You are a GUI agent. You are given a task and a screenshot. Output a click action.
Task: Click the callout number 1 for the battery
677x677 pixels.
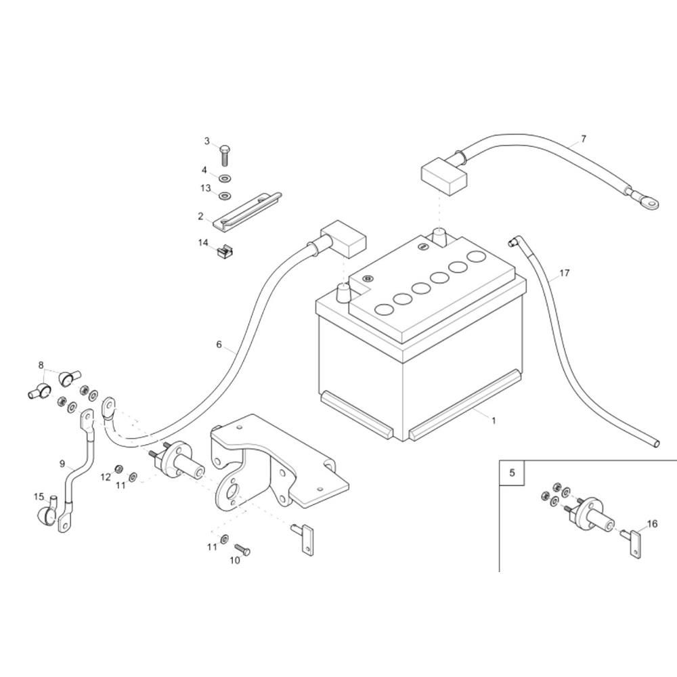pyautogui.click(x=494, y=420)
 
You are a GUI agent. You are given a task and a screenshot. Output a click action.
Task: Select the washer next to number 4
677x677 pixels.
pyautogui.click(x=224, y=177)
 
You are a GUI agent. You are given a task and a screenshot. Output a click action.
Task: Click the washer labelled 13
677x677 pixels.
pyautogui.click(x=224, y=196)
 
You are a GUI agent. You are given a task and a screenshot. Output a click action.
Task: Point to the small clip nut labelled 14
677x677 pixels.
pyautogui.click(x=223, y=251)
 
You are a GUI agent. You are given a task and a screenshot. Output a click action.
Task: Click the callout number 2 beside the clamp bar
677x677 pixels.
pyautogui.click(x=200, y=217)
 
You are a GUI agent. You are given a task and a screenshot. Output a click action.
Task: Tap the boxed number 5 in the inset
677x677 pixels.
pyautogui.click(x=512, y=473)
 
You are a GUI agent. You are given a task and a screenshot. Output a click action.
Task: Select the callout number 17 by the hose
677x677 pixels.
pyautogui.click(x=565, y=273)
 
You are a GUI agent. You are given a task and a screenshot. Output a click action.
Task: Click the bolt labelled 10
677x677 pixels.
pyautogui.click(x=242, y=550)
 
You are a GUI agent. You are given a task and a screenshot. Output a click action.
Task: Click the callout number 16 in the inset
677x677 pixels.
pyautogui.click(x=652, y=524)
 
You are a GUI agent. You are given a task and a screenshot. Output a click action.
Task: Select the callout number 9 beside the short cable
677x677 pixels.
pyautogui.click(x=62, y=464)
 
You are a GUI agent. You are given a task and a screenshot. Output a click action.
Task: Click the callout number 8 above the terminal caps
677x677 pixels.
pyautogui.click(x=41, y=366)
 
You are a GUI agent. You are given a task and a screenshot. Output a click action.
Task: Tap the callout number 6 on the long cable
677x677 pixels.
pyautogui.click(x=219, y=344)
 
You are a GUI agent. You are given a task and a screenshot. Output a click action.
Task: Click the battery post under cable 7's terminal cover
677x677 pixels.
pyautogui.click(x=439, y=238)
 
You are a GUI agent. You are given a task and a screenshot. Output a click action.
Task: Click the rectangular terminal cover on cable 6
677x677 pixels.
pyautogui.click(x=344, y=238)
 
